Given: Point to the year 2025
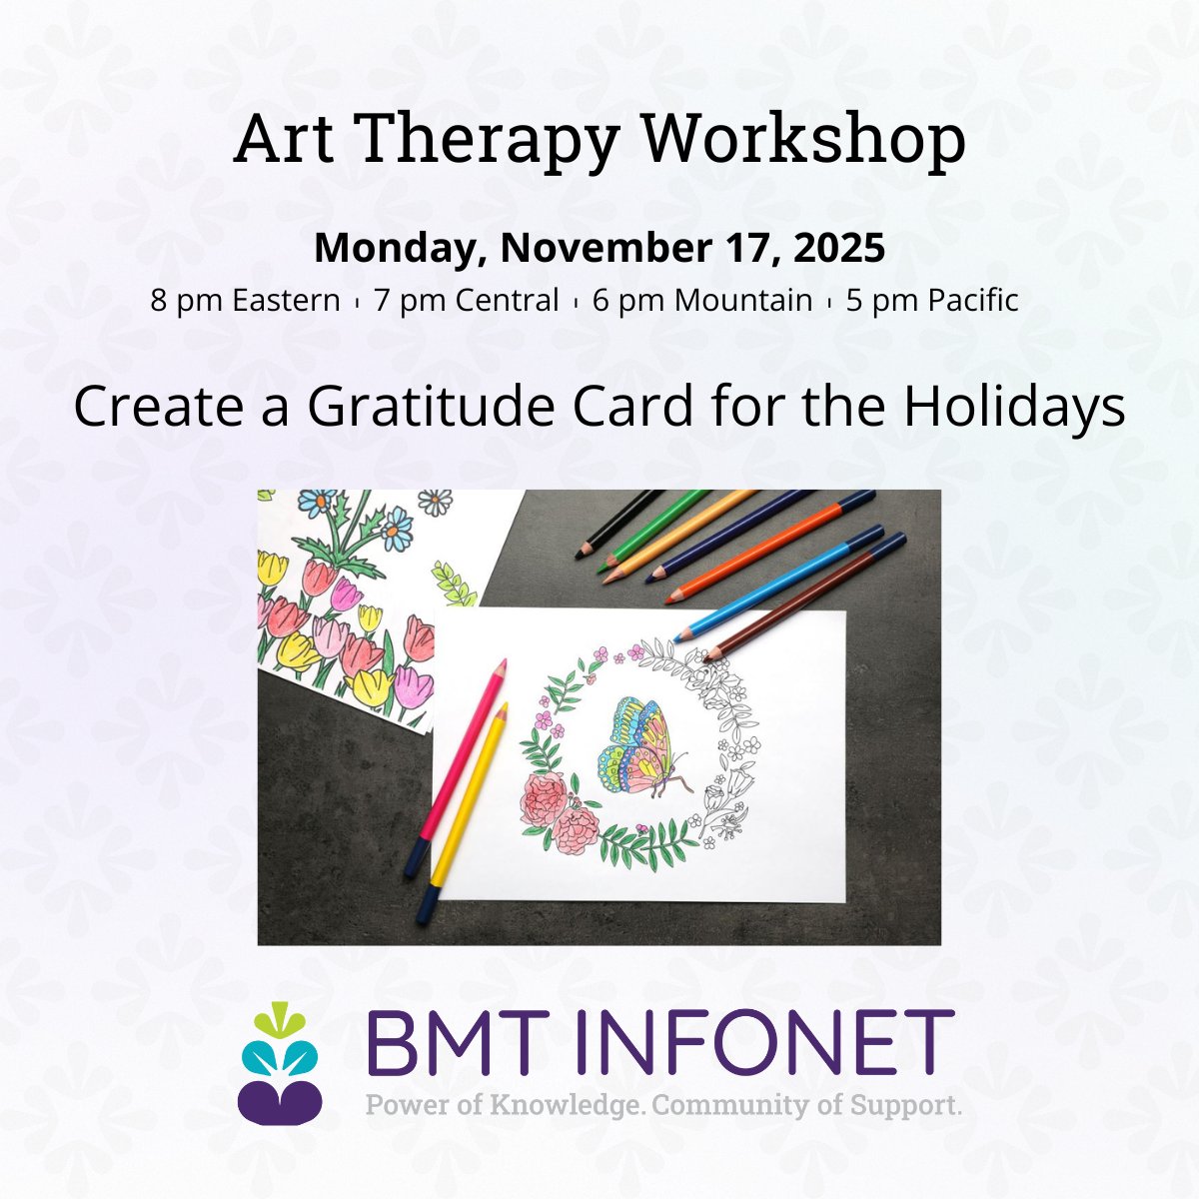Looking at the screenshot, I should pos(840,248).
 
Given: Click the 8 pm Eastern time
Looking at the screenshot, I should pos(245,300).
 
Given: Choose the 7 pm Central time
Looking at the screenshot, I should pos(466,300).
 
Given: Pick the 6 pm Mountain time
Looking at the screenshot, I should pos(701,300).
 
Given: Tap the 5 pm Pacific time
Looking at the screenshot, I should pos(931,300).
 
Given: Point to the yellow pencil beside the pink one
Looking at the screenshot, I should pos(470,799).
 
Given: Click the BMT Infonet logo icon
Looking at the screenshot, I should pos(280,1063).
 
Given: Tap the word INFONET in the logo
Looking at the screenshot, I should pos(775,1044).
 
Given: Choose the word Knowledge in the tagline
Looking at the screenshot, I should pos(564,1106).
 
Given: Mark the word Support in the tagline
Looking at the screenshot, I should pos(904,1106).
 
